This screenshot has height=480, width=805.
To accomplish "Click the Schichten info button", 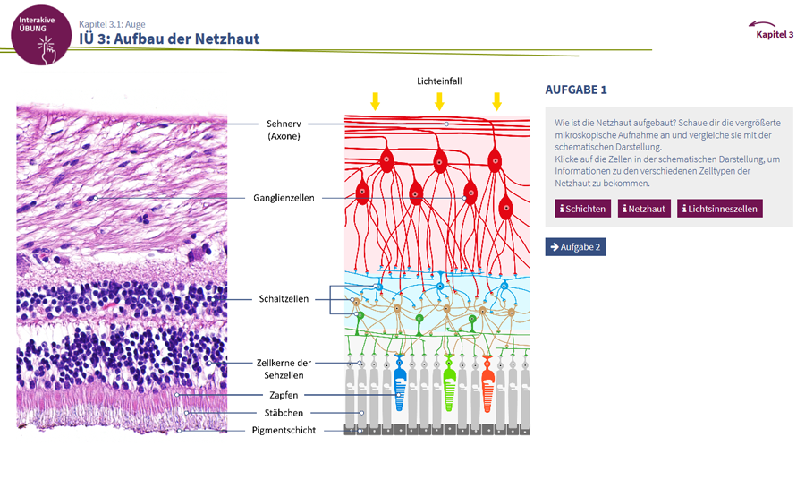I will pyautogui.click(x=583, y=209).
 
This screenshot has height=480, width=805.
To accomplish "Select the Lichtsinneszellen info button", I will pyautogui.click(x=720, y=209).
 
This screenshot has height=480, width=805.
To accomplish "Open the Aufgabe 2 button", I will pyautogui.click(x=575, y=246).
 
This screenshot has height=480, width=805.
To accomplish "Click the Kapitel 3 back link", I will pyautogui.click(x=774, y=32).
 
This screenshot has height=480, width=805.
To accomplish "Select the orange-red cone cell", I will pyautogui.click(x=487, y=386).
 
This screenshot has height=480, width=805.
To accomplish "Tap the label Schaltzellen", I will pyautogui.click(x=284, y=299).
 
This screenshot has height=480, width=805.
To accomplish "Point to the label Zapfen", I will pyautogui.click(x=282, y=395).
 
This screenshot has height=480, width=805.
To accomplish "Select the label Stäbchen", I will pyautogui.click(x=284, y=413).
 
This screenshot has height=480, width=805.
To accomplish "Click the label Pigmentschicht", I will pyautogui.click(x=284, y=431).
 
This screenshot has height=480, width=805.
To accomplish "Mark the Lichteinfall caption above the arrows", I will pyautogui.click(x=438, y=81).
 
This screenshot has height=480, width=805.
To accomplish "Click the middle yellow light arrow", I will pyautogui.click(x=439, y=100).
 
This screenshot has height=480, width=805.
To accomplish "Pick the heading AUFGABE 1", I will pyautogui.click(x=576, y=90).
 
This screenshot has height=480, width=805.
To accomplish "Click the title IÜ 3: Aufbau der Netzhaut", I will pyautogui.click(x=169, y=39).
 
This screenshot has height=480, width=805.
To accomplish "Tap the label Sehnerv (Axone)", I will pyautogui.click(x=284, y=130).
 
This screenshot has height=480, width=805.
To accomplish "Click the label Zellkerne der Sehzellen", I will pyautogui.click(x=284, y=369).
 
